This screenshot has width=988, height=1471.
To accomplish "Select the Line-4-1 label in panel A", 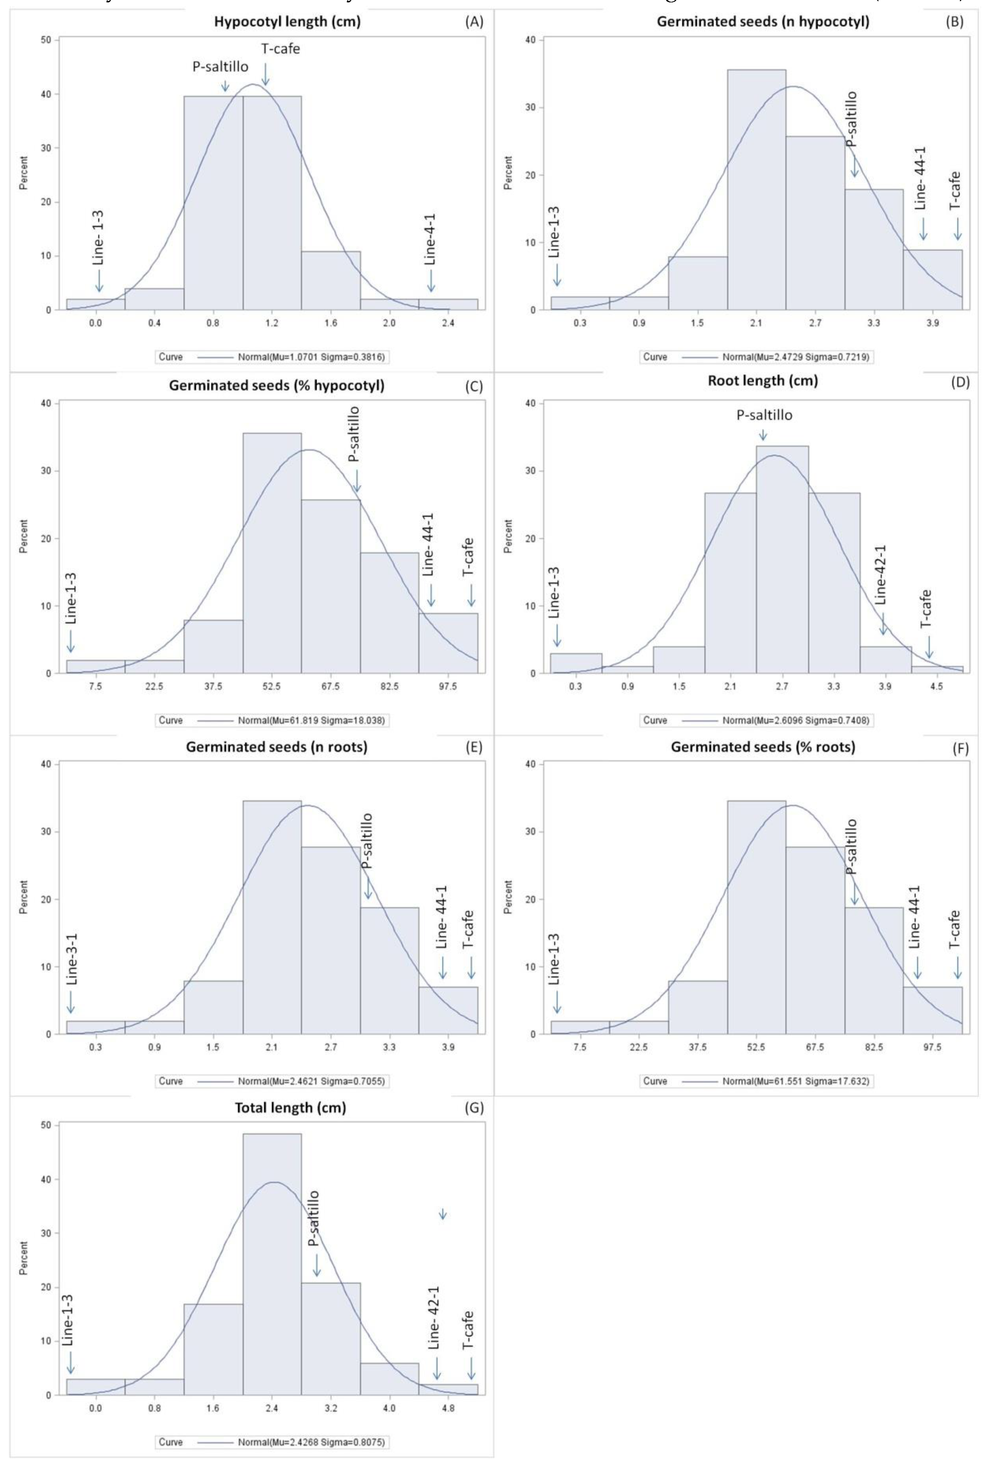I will (430, 240).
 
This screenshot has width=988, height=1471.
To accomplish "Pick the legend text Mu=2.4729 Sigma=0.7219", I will (798, 357).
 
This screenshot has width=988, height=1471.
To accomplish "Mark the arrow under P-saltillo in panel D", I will (763, 435).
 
